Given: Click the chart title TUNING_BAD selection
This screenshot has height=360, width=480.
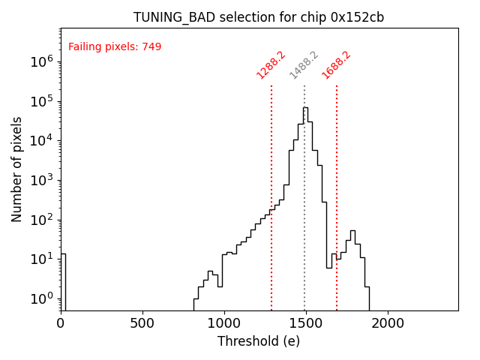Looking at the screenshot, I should (x=259, y=17).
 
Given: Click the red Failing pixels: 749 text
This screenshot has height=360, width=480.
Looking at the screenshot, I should (x=115, y=47).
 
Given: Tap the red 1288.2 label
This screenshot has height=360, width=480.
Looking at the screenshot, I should (x=271, y=65).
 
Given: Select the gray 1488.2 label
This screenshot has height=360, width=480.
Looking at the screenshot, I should (x=304, y=65).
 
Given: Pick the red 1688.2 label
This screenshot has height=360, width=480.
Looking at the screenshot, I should (x=337, y=65).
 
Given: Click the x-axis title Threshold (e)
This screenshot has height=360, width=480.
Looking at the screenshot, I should (x=259, y=341).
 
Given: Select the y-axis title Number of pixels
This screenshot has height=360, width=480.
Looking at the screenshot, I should (x=17, y=169).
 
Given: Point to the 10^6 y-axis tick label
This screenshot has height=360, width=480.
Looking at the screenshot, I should (x=40, y=61).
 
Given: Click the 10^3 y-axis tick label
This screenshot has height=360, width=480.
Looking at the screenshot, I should (x=40, y=180).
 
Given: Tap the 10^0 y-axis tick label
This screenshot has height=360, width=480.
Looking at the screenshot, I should (x=40, y=298).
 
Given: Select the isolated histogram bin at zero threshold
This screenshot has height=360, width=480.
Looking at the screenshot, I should (x=63, y=281).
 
